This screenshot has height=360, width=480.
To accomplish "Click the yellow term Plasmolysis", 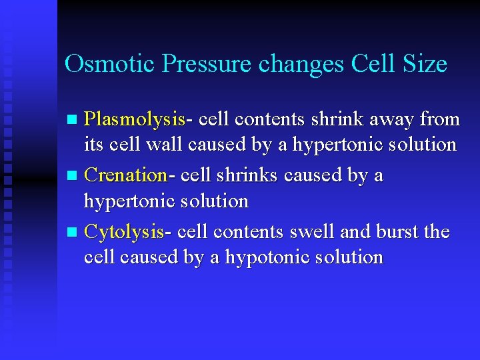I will (x=135, y=119).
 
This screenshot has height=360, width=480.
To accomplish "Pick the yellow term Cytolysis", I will (x=125, y=232).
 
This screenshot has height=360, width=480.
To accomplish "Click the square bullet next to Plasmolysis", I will (x=73, y=120).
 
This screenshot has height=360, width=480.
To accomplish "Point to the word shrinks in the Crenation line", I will (x=247, y=175).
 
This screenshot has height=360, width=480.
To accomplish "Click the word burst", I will (x=399, y=232).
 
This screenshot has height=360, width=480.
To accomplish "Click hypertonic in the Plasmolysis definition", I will (x=339, y=145).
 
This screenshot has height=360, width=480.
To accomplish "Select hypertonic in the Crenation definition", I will (x=127, y=201).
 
